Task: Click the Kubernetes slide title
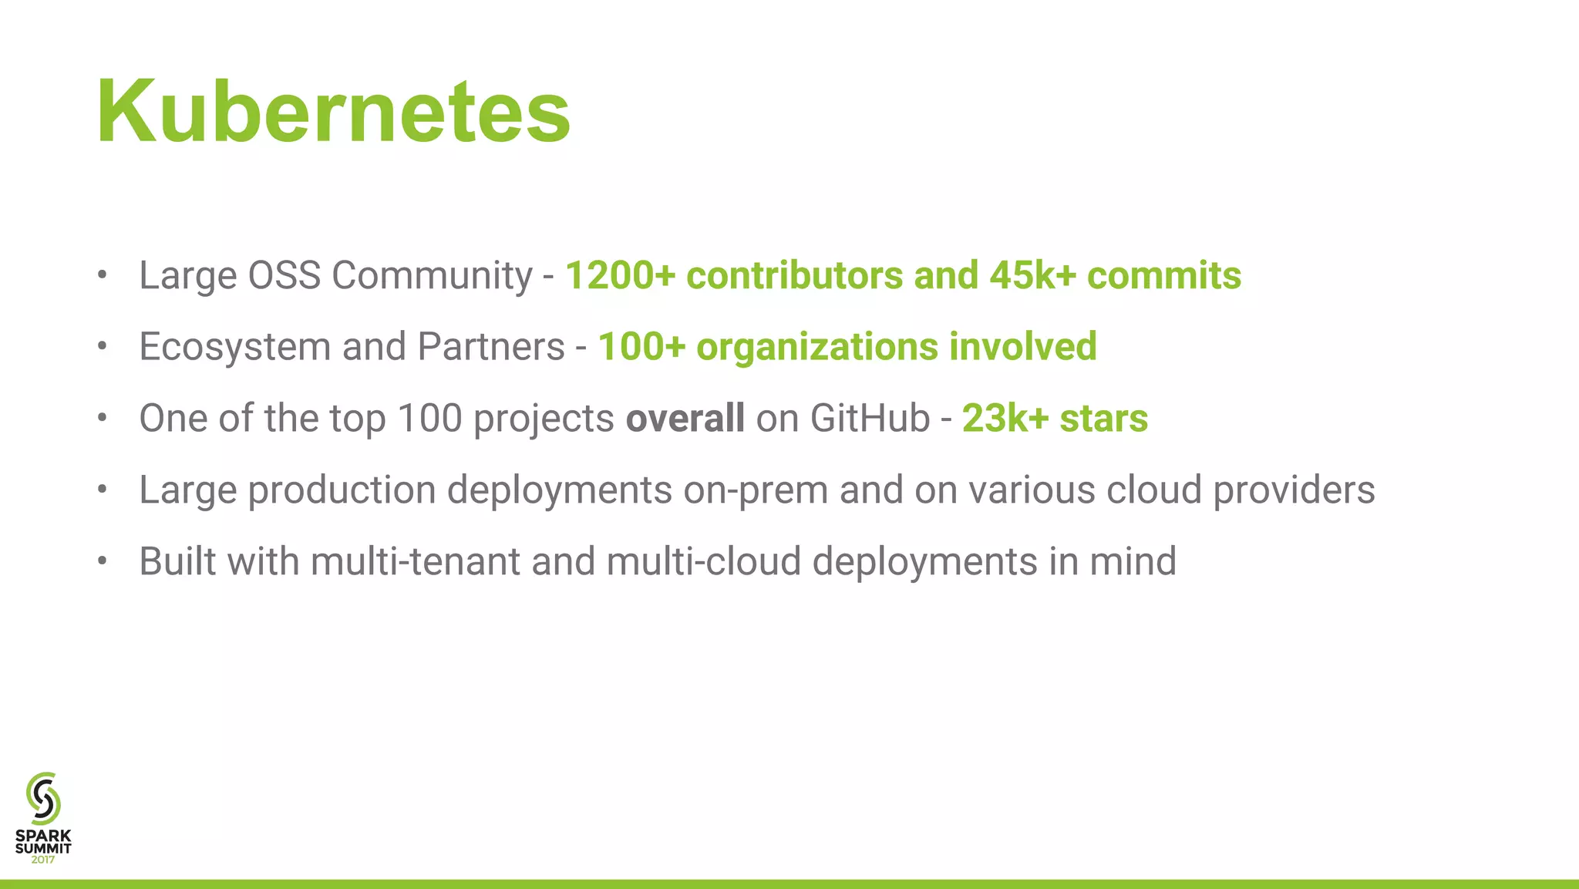pyautogui.click(x=333, y=112)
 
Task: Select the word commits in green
pyautogui.click(x=1163, y=275)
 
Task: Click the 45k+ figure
pyautogui.click(x=1032, y=275)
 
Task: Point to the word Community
pyautogui.click(x=432, y=275)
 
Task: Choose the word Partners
pyautogui.click(x=491, y=347)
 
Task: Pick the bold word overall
pyautogui.click(x=685, y=418)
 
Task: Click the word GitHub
pyautogui.click(x=870, y=418)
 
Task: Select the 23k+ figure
pyautogui.click(x=1005, y=418)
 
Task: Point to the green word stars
pyautogui.click(x=1103, y=418)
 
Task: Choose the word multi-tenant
pyautogui.click(x=416, y=561)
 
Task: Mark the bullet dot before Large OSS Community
pyautogui.click(x=103, y=275)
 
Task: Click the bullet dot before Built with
pyautogui.click(x=103, y=561)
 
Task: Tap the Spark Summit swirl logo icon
pyautogui.click(x=43, y=798)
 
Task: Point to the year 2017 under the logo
pyautogui.click(x=43, y=860)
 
